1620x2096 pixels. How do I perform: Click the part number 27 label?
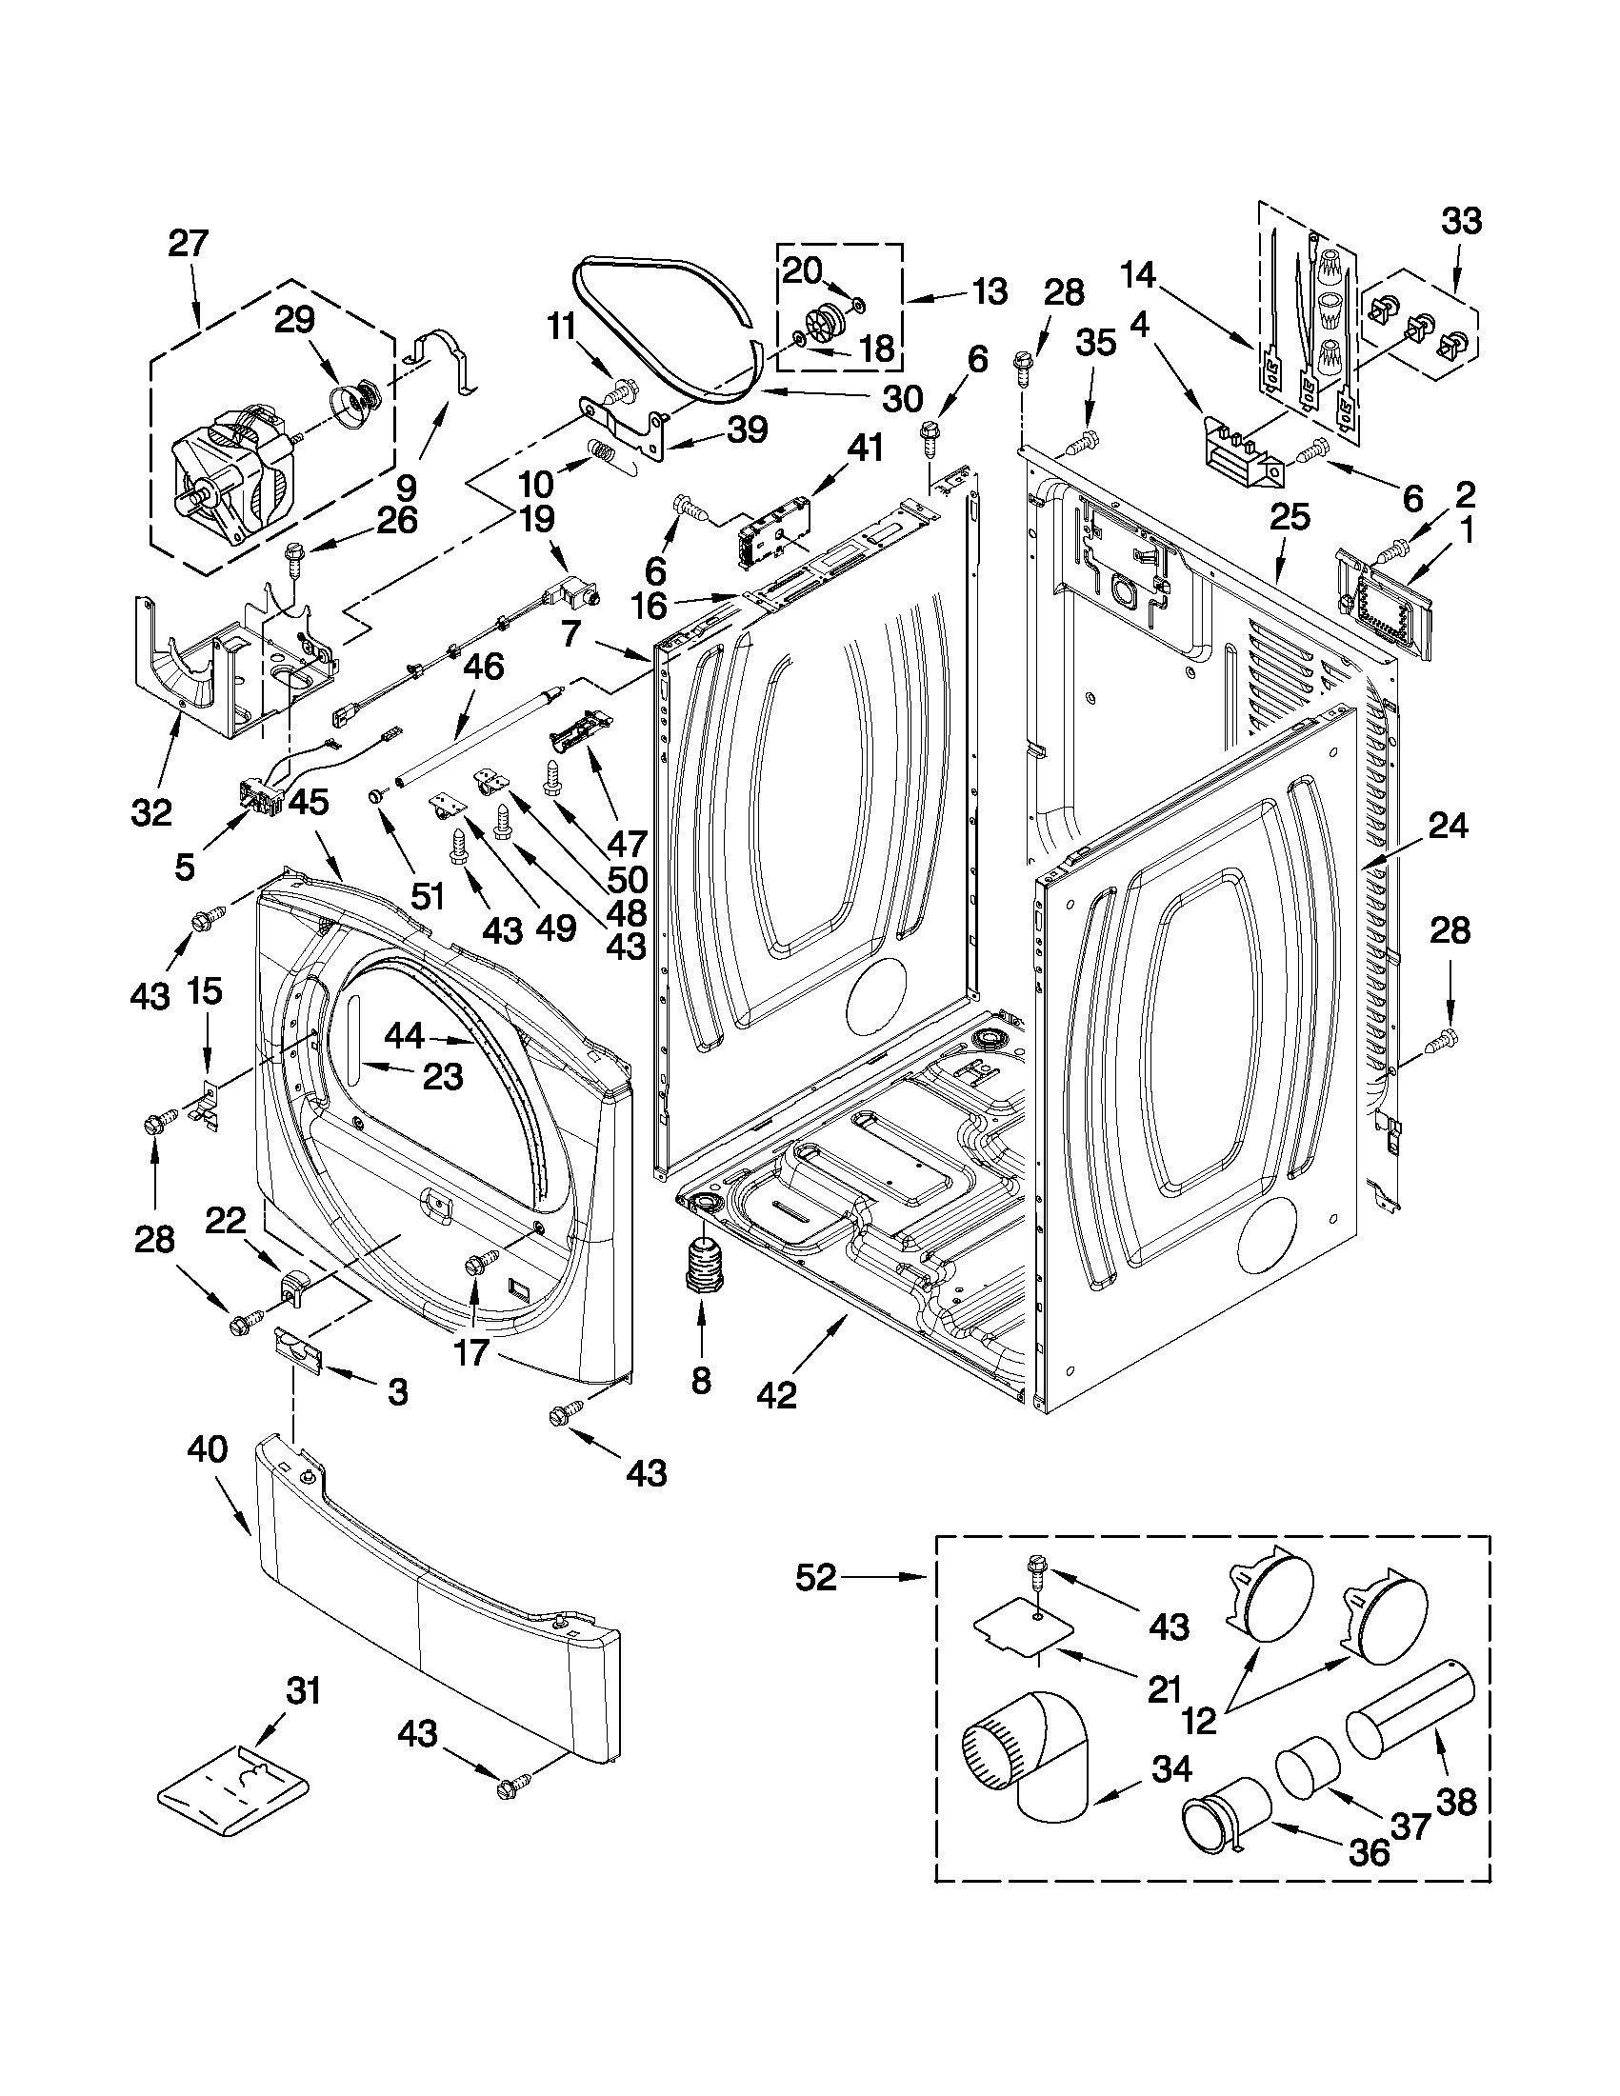coord(189,243)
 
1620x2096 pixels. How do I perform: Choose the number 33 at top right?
coord(1461,221)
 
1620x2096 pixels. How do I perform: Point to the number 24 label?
coord(1449,825)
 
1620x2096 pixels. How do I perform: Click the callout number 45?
coord(308,803)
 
